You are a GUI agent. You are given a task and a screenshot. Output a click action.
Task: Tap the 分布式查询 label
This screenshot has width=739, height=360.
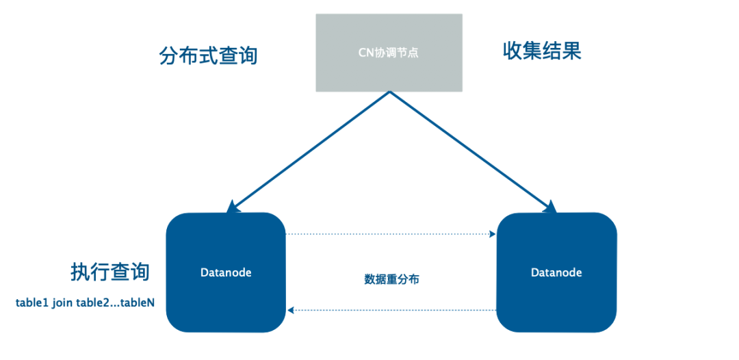pos(208,55)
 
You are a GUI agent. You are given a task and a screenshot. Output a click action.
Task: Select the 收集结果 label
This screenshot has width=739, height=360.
pos(542,51)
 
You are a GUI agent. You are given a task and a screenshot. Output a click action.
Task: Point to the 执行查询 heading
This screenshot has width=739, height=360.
pos(109,272)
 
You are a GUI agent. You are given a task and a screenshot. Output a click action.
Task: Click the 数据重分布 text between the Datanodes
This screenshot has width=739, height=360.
pos(391,280)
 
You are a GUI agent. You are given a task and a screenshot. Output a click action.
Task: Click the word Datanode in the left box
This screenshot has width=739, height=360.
pos(226,272)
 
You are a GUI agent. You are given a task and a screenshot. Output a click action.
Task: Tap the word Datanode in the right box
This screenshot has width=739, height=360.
pos(556,272)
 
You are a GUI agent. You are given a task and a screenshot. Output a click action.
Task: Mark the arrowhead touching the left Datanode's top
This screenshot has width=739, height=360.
pos(233,206)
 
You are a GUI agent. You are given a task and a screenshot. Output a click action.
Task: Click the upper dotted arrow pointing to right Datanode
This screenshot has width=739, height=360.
pos(390,235)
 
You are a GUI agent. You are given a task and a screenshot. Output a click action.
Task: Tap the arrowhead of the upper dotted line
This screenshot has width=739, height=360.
pos(493,235)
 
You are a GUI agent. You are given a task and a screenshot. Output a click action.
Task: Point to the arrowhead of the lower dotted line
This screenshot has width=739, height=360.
pos(291,310)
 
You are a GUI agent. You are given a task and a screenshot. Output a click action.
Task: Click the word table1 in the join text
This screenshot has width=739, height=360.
pos(31,303)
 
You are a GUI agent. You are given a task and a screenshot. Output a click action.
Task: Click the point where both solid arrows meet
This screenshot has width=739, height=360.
pos(389,93)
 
